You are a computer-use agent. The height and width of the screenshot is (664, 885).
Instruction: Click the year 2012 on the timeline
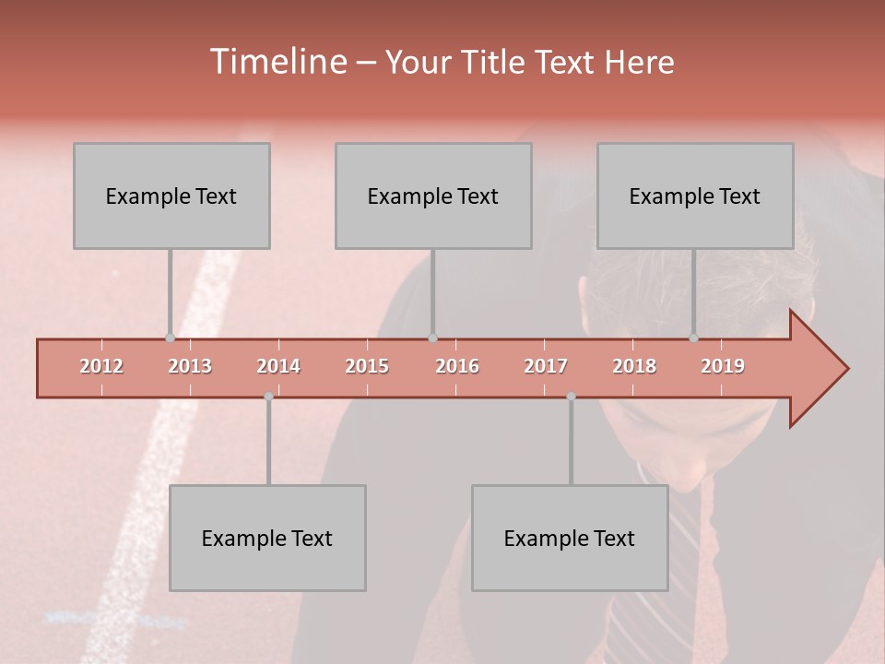click(101, 366)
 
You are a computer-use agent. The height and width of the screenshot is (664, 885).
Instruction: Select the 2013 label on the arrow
click(190, 366)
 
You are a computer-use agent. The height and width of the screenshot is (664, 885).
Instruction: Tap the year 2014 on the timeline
click(278, 366)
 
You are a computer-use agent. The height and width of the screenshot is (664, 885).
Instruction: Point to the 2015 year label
click(367, 366)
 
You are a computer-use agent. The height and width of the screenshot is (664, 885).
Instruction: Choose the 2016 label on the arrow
click(457, 366)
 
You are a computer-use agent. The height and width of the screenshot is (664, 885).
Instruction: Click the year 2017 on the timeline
click(546, 366)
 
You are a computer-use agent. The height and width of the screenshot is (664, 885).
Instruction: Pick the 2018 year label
click(634, 366)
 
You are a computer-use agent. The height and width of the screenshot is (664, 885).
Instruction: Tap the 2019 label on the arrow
click(723, 366)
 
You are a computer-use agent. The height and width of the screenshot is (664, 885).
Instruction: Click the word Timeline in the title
click(277, 62)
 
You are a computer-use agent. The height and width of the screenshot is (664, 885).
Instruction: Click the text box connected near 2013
click(171, 196)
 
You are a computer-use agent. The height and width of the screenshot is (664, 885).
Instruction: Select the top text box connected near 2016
click(433, 196)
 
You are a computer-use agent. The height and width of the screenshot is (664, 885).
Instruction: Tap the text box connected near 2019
click(695, 196)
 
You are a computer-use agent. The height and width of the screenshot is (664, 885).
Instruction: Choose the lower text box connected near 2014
click(267, 538)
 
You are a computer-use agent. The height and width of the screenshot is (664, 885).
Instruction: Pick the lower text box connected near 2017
click(570, 538)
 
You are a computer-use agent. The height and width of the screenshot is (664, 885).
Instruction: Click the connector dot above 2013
click(170, 338)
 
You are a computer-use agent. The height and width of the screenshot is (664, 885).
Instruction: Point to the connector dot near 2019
click(693, 338)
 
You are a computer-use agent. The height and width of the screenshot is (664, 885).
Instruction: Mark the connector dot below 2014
click(268, 397)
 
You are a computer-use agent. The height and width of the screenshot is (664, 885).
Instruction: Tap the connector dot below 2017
click(571, 397)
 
